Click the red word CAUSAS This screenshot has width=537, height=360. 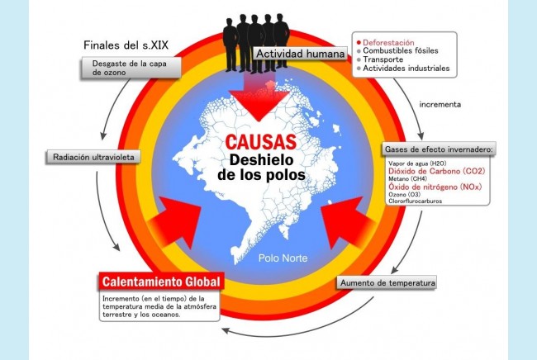(x=260, y=142)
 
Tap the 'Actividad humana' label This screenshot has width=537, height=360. (x=301, y=54)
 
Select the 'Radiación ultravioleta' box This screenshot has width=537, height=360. (x=93, y=157)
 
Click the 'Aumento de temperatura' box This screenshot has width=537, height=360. (x=387, y=283)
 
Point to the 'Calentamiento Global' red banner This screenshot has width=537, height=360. (x=161, y=282)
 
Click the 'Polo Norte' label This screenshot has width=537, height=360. (x=283, y=258)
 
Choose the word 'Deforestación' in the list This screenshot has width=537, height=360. (x=388, y=42)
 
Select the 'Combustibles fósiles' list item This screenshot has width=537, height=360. (x=401, y=50)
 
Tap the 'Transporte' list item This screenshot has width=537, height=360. (x=383, y=59)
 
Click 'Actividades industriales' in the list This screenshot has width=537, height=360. (x=406, y=68)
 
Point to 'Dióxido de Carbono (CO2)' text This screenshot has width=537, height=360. (x=437, y=171)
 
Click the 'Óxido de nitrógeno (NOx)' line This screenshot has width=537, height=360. (x=435, y=187)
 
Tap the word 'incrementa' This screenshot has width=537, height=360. (x=440, y=104)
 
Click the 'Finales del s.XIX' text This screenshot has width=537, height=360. (x=126, y=45)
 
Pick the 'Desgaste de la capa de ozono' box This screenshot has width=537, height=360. (x=131, y=68)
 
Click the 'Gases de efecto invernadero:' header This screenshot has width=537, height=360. (x=439, y=149)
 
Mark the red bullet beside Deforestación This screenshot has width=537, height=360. (x=359, y=43)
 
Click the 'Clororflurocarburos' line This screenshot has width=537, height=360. (x=415, y=201)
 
